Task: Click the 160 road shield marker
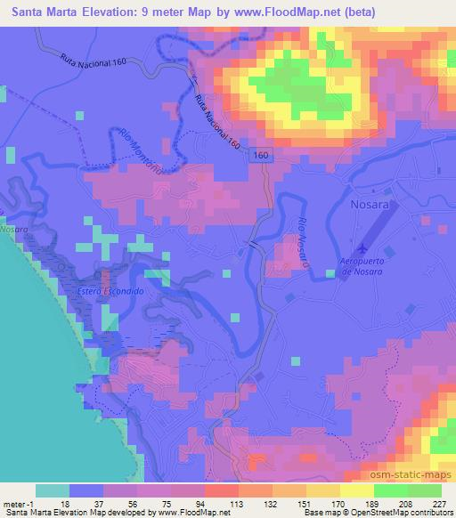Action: coord(258,155)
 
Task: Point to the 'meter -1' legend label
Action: coord(20,503)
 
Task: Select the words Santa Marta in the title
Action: coord(45,12)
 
